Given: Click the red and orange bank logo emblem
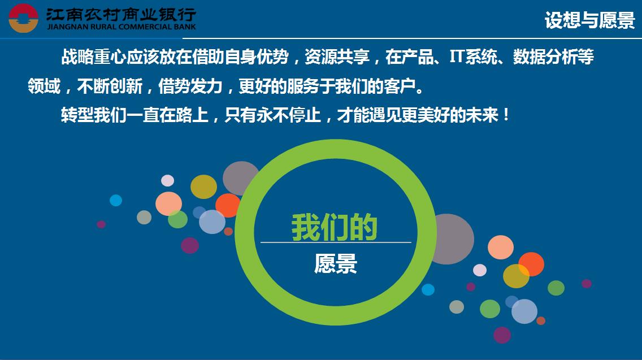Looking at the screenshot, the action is tap(23, 19).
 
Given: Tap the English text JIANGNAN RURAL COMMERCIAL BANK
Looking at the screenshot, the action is tap(122, 27).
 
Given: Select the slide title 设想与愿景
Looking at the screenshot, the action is tap(589, 20).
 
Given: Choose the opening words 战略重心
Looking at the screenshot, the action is tap(93, 57).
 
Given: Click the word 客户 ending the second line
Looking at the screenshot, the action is tap(400, 86).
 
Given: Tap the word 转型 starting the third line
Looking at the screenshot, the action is tap(77, 115).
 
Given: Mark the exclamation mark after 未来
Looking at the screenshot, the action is tap(506, 115).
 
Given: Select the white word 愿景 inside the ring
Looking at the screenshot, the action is tap(335, 263).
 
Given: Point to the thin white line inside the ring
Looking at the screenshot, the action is tap(336, 242).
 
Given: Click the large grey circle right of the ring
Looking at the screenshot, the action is tap(454, 239).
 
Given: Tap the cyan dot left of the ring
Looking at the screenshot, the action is tap(116, 200).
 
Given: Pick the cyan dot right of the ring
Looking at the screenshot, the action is tap(428, 289).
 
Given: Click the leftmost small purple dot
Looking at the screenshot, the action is tap(101, 224).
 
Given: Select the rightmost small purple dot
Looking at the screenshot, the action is tap(587, 283).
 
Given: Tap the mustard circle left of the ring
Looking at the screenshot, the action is tap(203, 186).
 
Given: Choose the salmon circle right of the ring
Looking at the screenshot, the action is tap(500, 248).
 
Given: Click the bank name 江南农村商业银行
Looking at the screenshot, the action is tap(122, 15).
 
